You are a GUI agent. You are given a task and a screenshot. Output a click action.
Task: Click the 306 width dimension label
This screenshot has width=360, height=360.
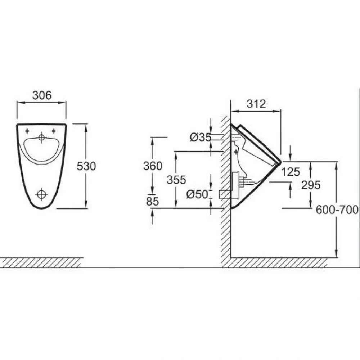click(42, 95)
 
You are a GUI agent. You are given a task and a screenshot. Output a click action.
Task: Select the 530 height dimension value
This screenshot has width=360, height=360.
click(86, 166)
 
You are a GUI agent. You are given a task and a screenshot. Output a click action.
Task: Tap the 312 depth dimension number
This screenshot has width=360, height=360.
click(256, 104)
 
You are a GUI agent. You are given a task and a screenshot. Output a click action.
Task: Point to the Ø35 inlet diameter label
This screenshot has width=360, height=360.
click(201, 138)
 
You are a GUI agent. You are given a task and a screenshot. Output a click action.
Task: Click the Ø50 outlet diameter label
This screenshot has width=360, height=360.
click(197, 194)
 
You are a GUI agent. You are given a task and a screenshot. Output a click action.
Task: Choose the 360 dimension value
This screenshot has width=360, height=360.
click(153, 166)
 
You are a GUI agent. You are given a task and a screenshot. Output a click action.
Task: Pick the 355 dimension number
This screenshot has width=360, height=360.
click(176, 180)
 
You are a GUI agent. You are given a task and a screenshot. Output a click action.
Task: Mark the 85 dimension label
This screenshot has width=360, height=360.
click(152, 202)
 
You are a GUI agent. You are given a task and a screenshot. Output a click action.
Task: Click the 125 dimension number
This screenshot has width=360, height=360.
click(291, 172)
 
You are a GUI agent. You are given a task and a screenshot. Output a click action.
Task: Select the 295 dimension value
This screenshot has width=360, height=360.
click(311, 185)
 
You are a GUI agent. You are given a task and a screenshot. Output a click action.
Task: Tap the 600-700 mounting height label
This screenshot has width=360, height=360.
click(337, 210)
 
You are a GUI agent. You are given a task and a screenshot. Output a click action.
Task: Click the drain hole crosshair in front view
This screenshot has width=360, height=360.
click(41, 194)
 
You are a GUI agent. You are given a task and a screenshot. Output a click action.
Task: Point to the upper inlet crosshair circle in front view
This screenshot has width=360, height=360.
click(41, 138)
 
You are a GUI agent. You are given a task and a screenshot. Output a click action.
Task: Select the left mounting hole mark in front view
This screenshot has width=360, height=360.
click(27, 131)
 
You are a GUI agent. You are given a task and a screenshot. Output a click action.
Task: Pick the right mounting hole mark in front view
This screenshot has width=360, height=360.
click(54, 131)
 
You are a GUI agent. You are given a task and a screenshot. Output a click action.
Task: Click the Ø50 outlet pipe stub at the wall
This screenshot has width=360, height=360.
click(225, 194)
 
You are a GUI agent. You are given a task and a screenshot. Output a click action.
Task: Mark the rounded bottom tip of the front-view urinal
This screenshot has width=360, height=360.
click(41, 208)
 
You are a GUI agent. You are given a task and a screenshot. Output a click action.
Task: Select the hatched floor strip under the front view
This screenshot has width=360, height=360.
click(41, 263)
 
